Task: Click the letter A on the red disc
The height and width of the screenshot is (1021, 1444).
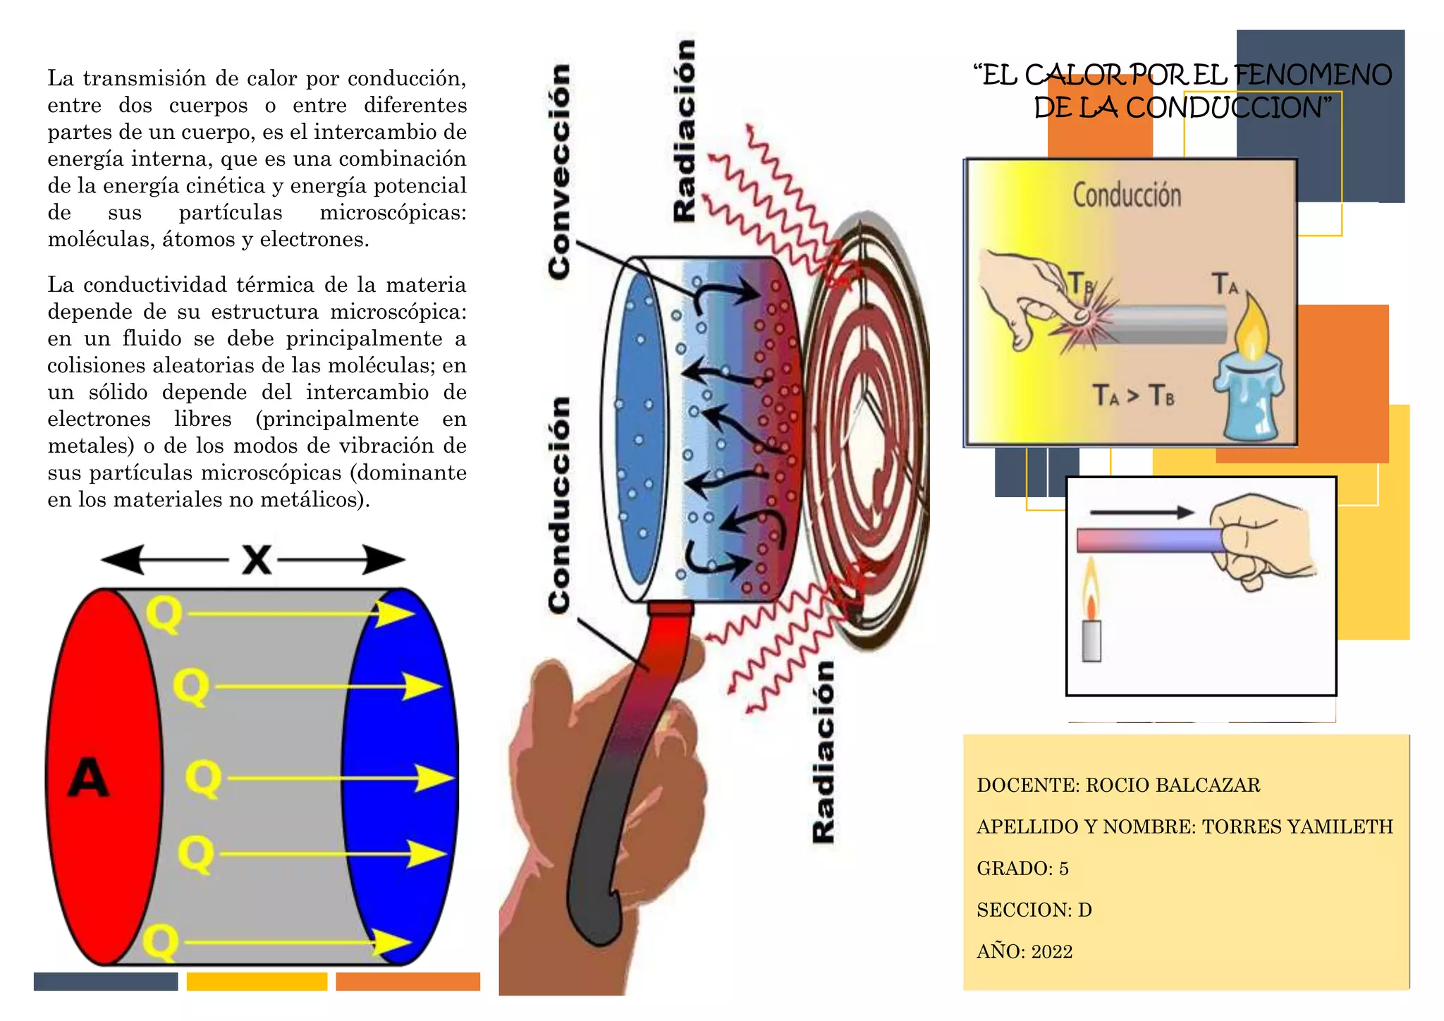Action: (x=89, y=778)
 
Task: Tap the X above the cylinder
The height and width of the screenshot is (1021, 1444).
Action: (x=256, y=560)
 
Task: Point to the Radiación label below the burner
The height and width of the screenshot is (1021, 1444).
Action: (x=823, y=752)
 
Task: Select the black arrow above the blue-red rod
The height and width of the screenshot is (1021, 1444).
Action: (x=1142, y=513)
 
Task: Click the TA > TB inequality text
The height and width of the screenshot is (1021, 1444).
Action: (x=1134, y=396)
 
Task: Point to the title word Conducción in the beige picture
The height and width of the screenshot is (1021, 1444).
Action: (x=1127, y=195)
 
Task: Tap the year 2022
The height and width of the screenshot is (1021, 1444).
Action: (x=1052, y=952)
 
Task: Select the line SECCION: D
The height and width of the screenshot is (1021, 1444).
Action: (x=1034, y=910)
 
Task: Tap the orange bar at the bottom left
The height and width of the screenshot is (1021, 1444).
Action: (x=408, y=982)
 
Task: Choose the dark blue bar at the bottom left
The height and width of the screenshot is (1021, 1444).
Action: (x=106, y=982)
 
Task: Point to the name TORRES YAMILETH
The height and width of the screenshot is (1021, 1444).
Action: (x=1297, y=827)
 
